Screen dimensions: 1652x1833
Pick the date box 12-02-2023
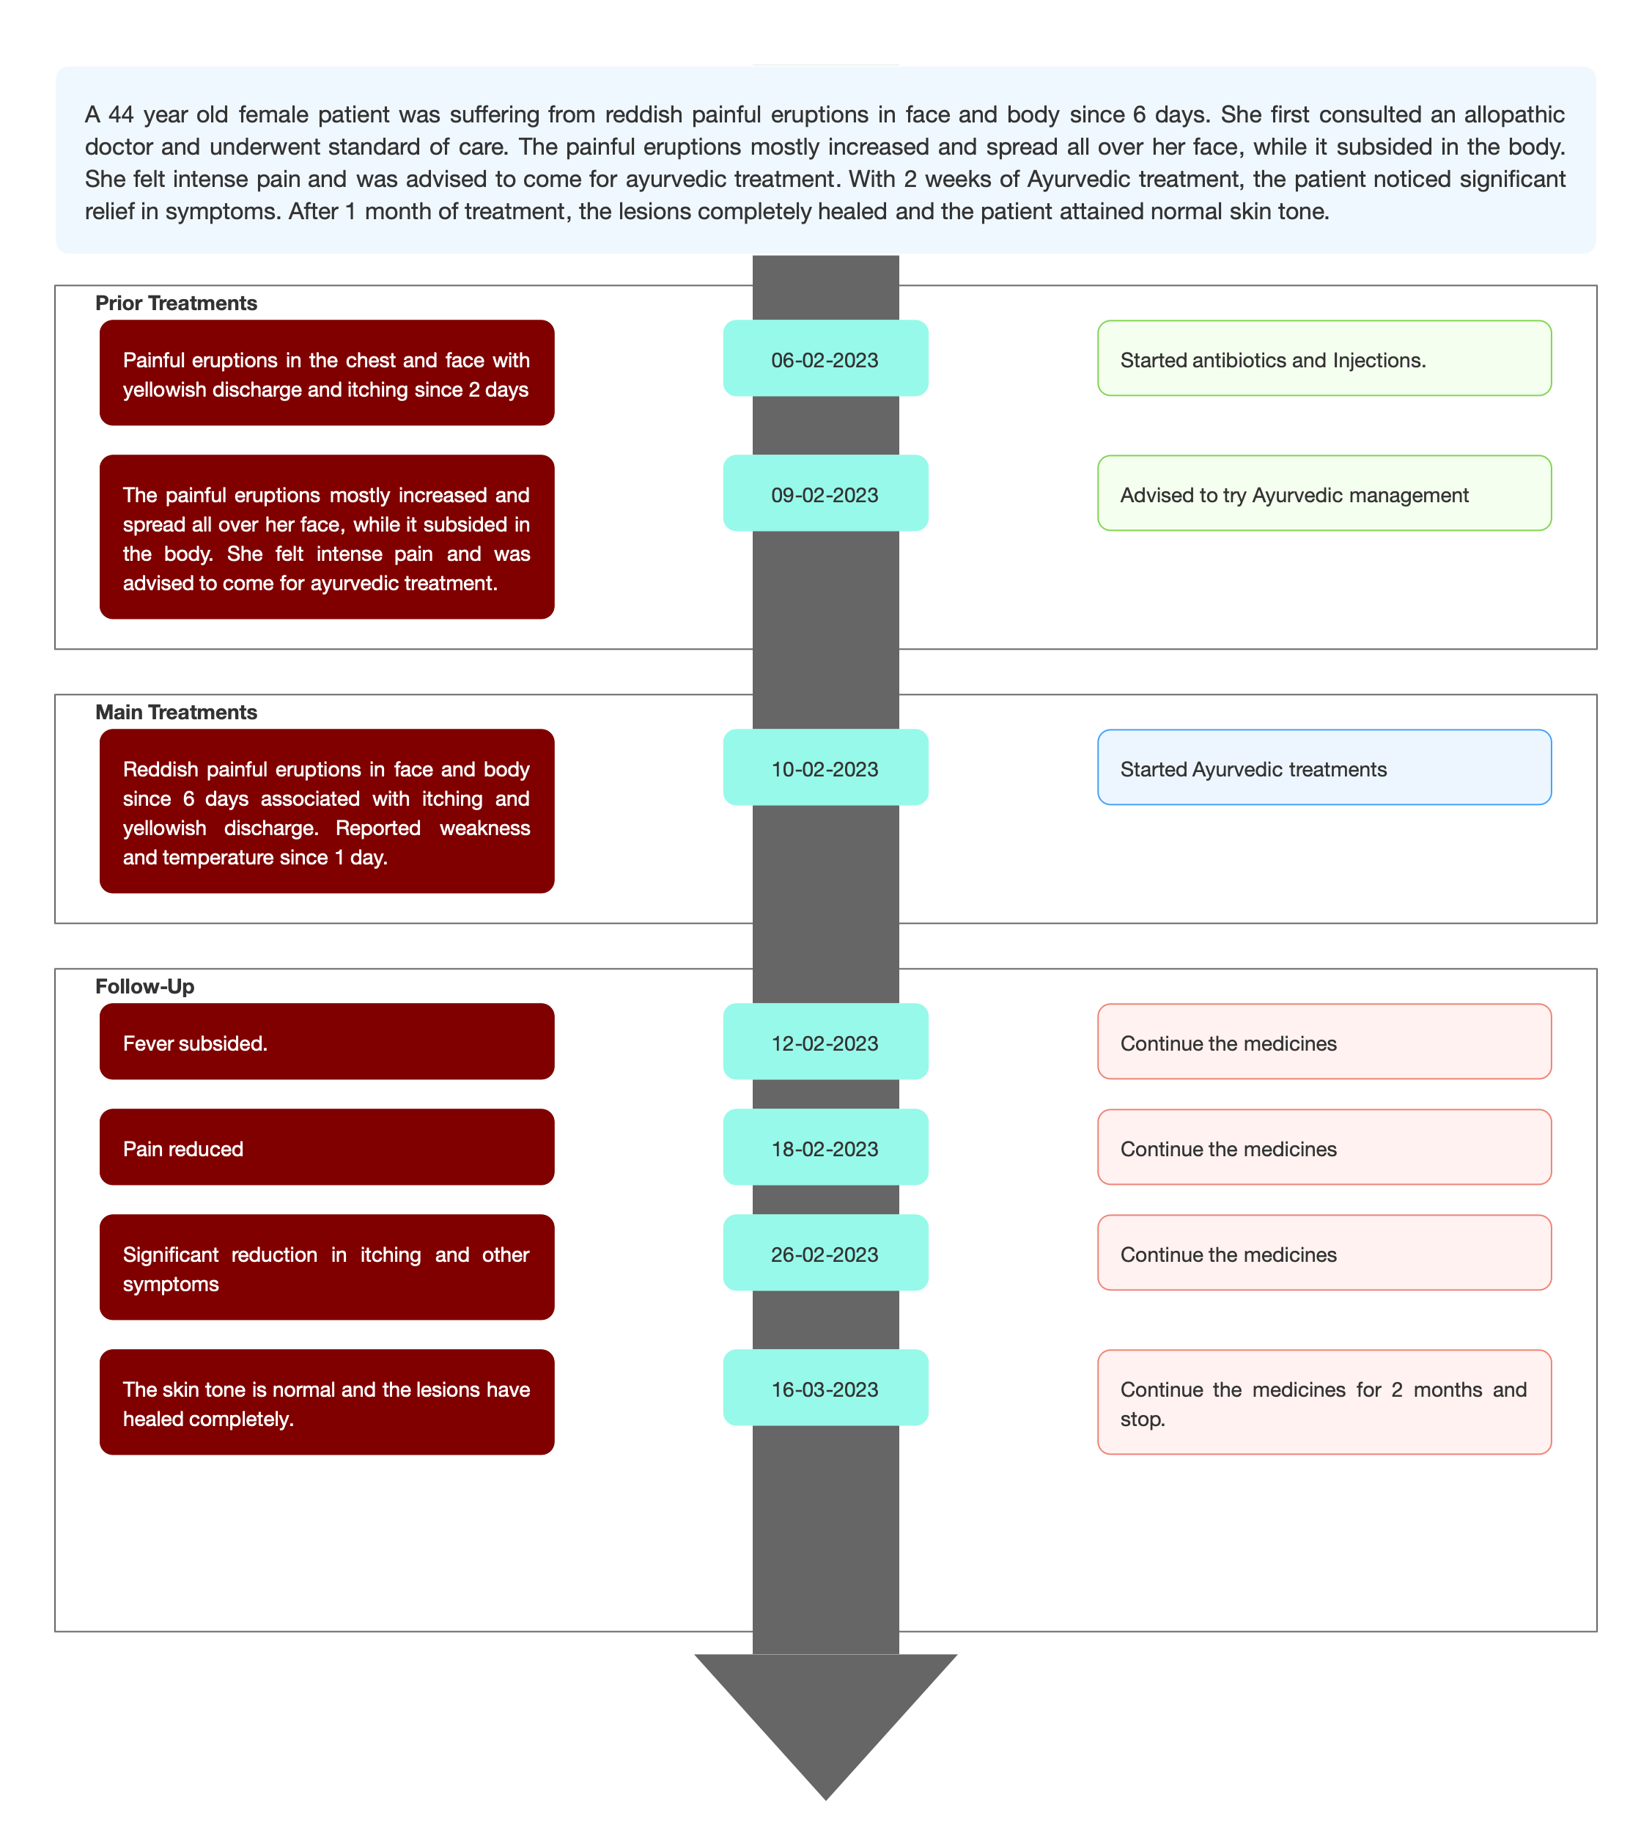825,1041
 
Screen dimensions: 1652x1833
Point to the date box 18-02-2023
825,1147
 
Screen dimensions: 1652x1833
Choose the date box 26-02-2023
825,1252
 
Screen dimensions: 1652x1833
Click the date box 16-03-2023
825,1387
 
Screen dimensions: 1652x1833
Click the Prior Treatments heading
176,304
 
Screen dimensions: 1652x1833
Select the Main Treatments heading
176,713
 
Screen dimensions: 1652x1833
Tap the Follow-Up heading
144,987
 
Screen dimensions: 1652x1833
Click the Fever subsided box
327,1041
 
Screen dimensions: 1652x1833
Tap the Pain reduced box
327,1147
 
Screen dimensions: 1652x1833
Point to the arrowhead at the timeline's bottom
826,1725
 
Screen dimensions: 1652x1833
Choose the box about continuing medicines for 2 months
1324,1402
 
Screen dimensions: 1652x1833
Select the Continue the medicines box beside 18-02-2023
1324,1147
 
